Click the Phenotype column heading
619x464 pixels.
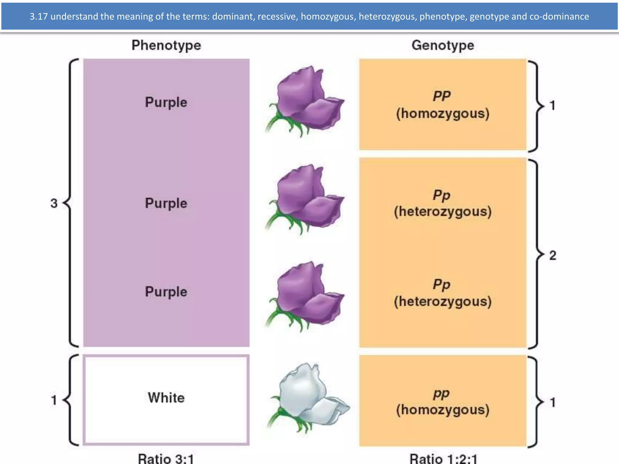tap(166, 45)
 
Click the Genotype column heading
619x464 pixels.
tap(443, 45)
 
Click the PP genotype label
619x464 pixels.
tap(442, 96)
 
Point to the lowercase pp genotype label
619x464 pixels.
tap(441, 393)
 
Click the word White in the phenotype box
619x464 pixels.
tap(166, 398)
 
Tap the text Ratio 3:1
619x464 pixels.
tap(166, 459)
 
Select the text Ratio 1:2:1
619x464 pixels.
tap(443, 459)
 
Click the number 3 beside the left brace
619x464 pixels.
tap(54, 203)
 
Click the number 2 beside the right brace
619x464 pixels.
tap(553, 256)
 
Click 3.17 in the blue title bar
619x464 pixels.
tap(39, 16)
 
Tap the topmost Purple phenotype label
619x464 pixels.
tap(166, 102)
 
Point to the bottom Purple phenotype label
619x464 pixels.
tap(166, 292)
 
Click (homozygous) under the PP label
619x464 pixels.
tap(443, 114)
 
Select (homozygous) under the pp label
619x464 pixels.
tap(443, 410)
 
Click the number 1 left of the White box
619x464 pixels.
tap(54, 400)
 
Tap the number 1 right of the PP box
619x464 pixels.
tap(553, 105)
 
